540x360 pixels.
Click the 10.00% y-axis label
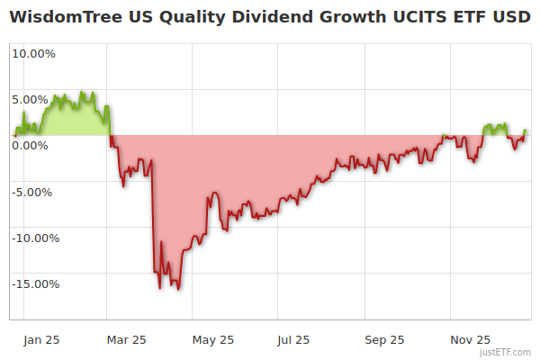click(x=33, y=53)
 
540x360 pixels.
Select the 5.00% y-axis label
click(x=33, y=99)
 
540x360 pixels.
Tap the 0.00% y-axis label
click(x=33, y=145)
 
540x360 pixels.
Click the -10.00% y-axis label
click(x=35, y=238)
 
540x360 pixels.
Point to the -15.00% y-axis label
click(x=35, y=284)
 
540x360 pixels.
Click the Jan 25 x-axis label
click(x=41, y=339)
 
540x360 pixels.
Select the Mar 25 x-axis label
click(x=127, y=339)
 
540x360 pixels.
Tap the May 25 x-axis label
click(x=213, y=339)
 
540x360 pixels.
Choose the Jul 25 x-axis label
click(x=293, y=339)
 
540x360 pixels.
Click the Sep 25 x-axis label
click(x=384, y=339)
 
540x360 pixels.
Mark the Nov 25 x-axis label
click(x=470, y=339)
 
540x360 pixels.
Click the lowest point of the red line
click(x=178, y=289)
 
